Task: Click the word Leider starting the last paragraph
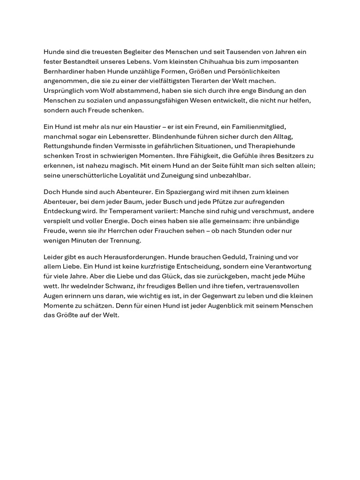(53, 257)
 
